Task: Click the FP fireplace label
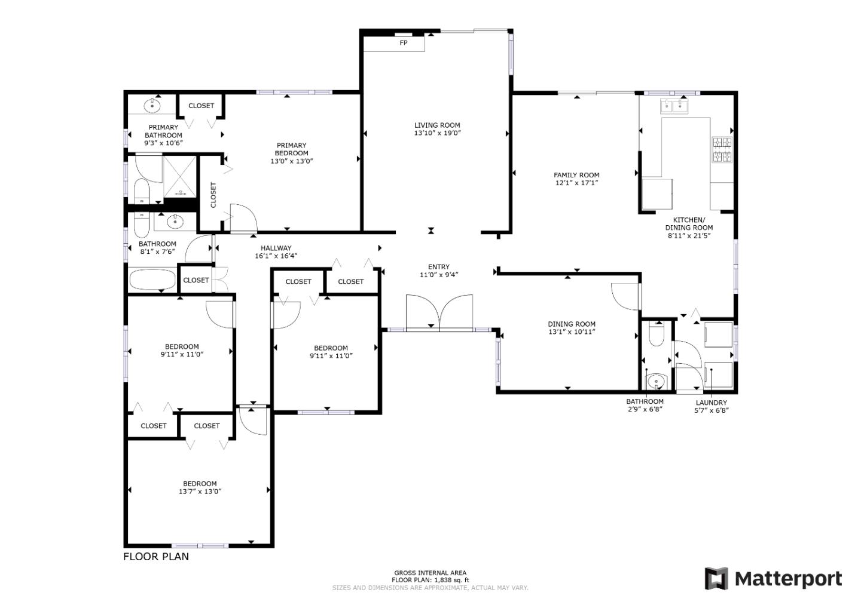coord(404,43)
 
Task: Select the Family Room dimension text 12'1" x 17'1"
coord(576,183)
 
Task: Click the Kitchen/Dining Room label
coord(689,223)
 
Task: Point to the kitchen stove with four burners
coord(721,150)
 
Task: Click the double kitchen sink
coord(674,106)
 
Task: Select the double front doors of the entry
coord(439,312)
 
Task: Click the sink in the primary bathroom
coord(152,106)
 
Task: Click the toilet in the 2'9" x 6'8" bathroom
coord(656,336)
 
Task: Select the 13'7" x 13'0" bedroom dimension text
coord(200,492)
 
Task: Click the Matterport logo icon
coord(716,579)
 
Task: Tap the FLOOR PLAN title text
coord(156,557)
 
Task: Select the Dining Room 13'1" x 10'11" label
coord(572,328)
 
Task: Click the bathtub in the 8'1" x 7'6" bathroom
coord(152,280)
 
